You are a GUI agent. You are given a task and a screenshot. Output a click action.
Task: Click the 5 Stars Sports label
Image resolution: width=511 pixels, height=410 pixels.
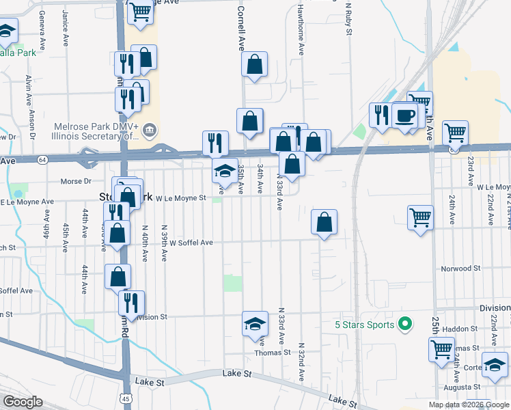[x=365, y=325]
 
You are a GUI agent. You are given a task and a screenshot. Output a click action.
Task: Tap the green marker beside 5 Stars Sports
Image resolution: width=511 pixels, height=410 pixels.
[x=404, y=324]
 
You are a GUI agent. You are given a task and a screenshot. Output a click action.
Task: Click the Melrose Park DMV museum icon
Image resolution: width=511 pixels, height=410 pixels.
[x=151, y=130]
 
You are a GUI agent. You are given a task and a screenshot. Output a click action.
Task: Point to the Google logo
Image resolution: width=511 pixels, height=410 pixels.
[x=23, y=402]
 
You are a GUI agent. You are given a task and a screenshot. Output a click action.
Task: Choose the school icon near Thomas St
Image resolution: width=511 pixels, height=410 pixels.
[x=255, y=323]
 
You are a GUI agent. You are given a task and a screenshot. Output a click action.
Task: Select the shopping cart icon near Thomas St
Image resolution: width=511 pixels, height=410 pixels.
[x=441, y=348]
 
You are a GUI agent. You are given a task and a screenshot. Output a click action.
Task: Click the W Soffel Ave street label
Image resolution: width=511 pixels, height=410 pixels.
[x=191, y=243]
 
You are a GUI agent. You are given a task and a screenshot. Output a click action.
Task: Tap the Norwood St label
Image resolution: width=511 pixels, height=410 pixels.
[x=462, y=269]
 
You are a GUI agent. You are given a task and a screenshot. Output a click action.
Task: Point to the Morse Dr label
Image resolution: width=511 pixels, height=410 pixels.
[x=76, y=182]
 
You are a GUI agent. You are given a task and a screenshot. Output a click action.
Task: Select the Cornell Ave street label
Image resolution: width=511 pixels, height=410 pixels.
[x=240, y=29]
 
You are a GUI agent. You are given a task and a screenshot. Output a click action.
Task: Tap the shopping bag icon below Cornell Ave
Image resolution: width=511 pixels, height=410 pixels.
[x=253, y=65]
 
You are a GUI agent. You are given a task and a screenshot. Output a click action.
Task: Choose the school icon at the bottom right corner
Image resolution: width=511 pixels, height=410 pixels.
[x=495, y=365]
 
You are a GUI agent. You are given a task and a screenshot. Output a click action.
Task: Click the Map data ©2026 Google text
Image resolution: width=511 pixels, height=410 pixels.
[x=467, y=405]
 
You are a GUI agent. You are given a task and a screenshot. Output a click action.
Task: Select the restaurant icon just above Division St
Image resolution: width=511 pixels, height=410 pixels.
[x=131, y=301]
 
